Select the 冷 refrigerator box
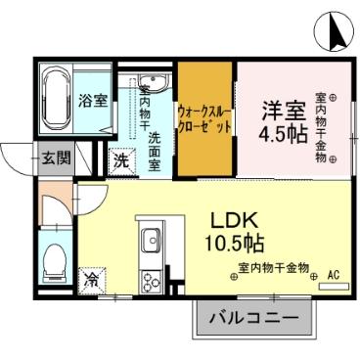90,280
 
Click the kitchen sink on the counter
152,242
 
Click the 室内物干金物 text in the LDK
273,267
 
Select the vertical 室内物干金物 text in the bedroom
320,132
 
